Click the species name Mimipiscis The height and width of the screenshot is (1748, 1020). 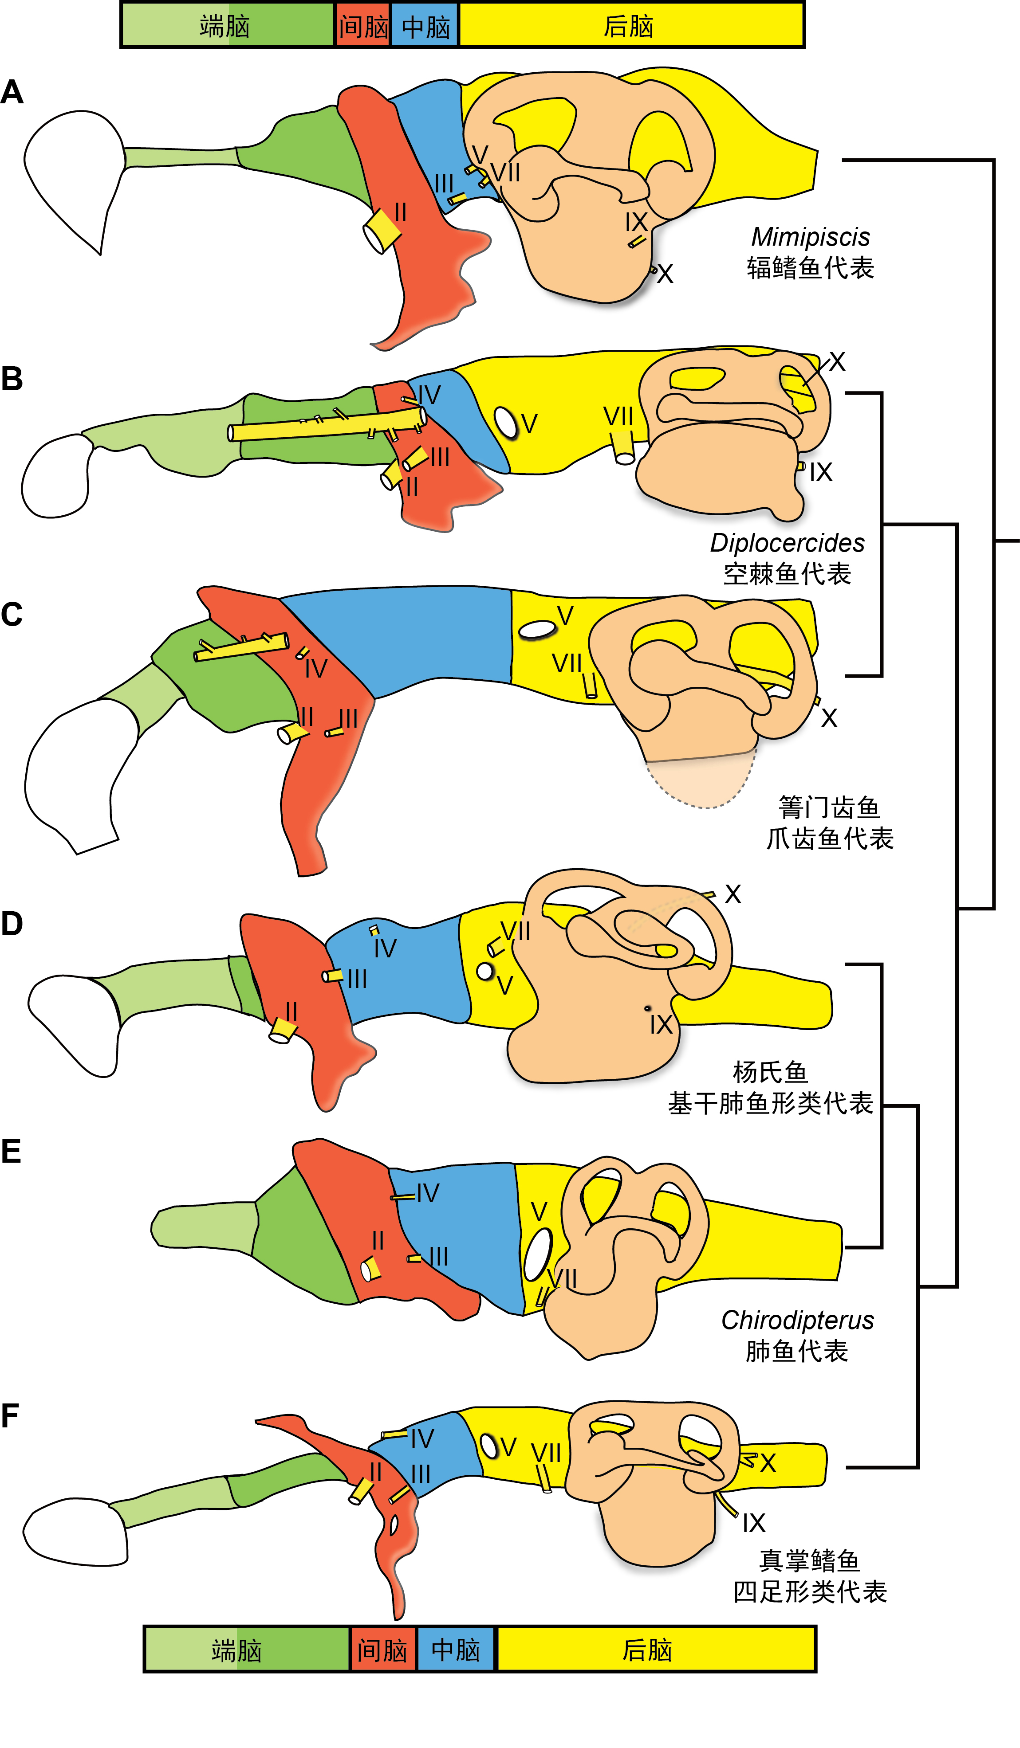point(811,237)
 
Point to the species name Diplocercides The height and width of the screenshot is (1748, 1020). point(787,542)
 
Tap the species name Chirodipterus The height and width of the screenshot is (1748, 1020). point(797,1320)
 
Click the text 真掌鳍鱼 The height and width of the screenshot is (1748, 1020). point(810,1560)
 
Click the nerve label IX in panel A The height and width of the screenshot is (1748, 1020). point(636,223)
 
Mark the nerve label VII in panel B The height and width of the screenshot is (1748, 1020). point(618,417)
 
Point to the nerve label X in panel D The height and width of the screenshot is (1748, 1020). point(733,894)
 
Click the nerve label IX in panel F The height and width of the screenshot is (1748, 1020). point(753,1523)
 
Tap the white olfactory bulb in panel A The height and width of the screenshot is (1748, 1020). point(73,173)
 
